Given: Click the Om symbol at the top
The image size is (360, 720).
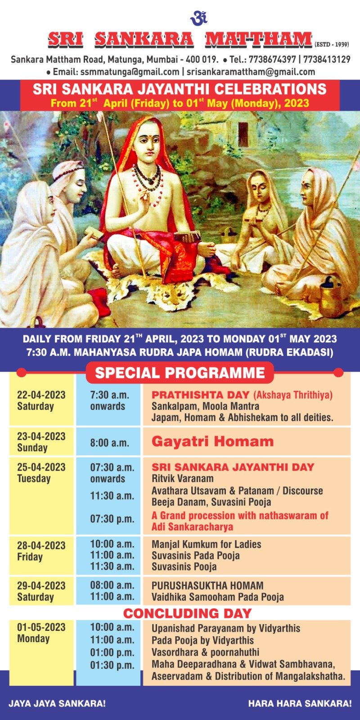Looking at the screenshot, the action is (x=198, y=18).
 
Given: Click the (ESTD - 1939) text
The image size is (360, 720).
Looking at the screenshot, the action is (x=332, y=45).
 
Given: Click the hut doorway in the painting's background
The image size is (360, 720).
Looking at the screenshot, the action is (x=243, y=135).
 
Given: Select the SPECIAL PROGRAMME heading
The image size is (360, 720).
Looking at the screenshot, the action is (x=180, y=373).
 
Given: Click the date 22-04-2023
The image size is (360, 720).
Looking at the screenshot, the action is (x=41, y=395).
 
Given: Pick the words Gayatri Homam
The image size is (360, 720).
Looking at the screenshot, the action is (x=212, y=441).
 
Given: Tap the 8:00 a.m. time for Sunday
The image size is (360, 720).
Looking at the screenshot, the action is (x=109, y=443).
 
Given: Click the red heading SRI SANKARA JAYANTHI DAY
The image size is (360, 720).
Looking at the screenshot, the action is (x=233, y=467).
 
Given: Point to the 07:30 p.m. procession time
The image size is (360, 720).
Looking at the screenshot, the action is (x=112, y=519).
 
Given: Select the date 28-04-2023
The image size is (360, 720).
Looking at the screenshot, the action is (x=41, y=545).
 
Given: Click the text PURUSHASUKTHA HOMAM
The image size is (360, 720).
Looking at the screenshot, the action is (x=207, y=585).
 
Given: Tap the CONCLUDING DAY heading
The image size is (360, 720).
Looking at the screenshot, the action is (x=187, y=613).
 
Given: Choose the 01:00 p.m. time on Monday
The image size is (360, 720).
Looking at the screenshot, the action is (x=112, y=652).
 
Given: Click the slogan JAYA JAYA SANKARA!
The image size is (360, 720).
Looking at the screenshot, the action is (x=57, y=704).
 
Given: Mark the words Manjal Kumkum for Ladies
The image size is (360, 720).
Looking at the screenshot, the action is (x=207, y=544).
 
